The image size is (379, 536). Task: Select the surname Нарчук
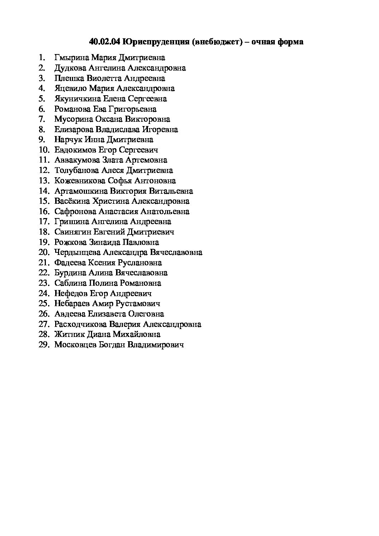(68, 140)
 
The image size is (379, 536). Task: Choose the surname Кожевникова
(79, 181)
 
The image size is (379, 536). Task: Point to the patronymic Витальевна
(171, 191)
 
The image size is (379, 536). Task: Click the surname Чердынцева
(77, 252)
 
